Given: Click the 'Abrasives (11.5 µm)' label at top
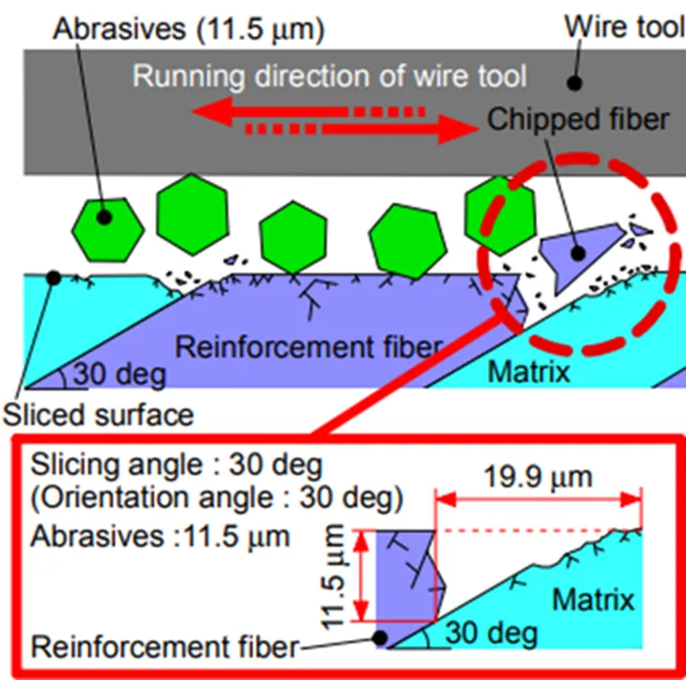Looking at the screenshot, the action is [188, 29].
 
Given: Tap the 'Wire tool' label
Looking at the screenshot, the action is [625, 27].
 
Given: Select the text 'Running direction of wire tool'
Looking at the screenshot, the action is [330, 77].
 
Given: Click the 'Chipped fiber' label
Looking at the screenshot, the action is [578, 119].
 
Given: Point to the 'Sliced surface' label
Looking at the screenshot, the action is [99, 415].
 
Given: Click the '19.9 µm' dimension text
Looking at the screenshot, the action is [538, 477].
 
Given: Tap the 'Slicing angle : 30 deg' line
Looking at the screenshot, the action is [177, 464].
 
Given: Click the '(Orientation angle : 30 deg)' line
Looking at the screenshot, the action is [217, 499].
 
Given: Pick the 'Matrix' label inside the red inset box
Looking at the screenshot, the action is [593, 600].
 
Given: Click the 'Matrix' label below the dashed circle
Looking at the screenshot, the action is [529, 372].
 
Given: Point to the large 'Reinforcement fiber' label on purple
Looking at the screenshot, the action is [309, 347].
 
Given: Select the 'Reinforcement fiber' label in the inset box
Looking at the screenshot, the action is [165, 647].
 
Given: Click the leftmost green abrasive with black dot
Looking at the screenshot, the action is [108, 230].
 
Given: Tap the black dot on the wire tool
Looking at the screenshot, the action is [574, 83].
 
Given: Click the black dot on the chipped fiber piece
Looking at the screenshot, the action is [579, 254].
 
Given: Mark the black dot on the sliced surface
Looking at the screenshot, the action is [54, 278].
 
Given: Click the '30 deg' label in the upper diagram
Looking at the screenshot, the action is [120, 375].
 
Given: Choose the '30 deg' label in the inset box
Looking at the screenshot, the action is [491, 633].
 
